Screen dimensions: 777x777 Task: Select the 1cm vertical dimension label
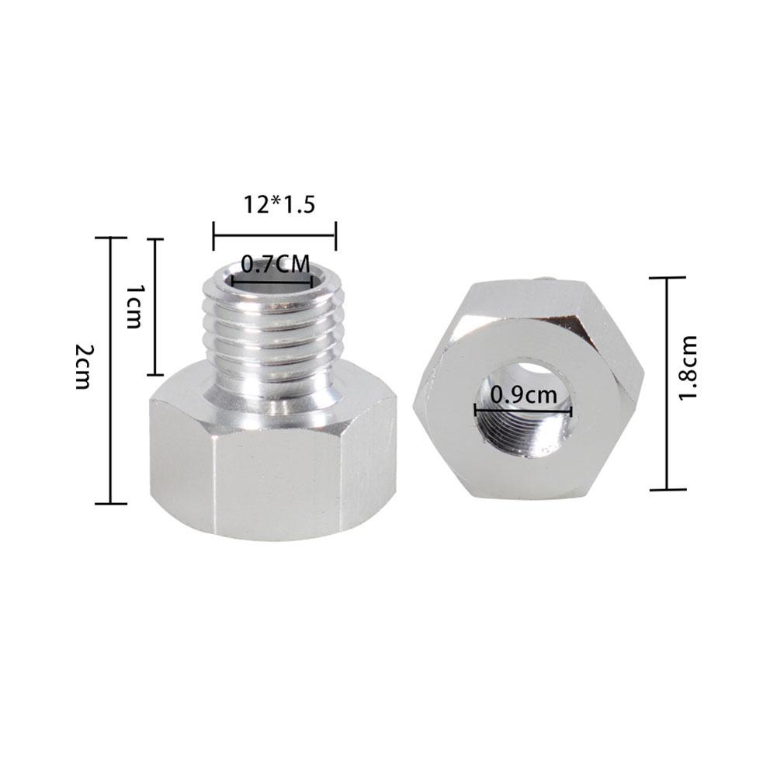point(134,306)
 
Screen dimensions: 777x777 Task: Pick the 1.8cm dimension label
point(688,368)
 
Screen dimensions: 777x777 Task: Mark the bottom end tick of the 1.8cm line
point(667,490)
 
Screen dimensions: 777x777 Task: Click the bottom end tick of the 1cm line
point(156,374)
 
